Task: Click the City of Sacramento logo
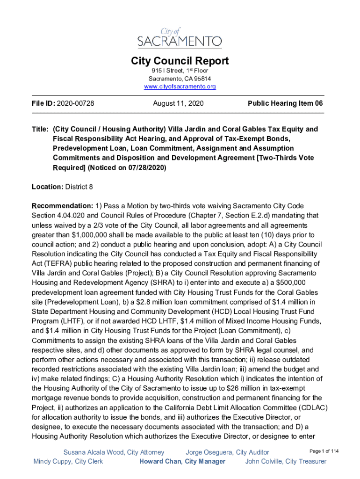pyautogui.click(x=180, y=37)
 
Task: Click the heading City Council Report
pyautogui.click(x=180, y=61)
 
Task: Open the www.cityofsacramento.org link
pyautogui.click(x=180, y=87)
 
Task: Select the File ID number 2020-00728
pyautogui.click(x=75, y=103)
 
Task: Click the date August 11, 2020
pyautogui.click(x=178, y=103)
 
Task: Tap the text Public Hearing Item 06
pyautogui.click(x=285, y=103)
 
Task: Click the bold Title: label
pyautogui.click(x=41, y=129)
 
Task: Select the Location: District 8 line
pyautogui.click(x=62, y=187)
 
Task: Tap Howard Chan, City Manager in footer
pyautogui.click(x=182, y=462)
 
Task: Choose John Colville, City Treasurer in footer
pyautogui.click(x=286, y=462)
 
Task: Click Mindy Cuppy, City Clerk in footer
pyautogui.click(x=68, y=462)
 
